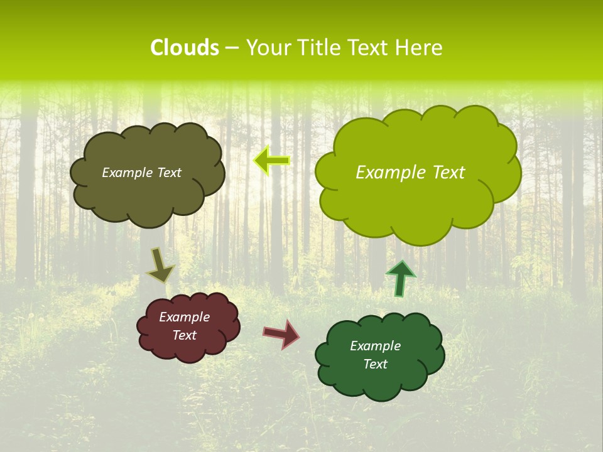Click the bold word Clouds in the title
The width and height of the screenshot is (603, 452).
185,48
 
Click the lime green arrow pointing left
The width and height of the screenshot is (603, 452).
272,161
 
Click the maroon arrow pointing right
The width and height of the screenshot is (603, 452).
281,333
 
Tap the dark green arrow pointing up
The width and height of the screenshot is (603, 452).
400,278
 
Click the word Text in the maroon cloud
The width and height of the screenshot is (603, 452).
184,335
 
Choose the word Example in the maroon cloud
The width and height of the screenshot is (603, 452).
184,317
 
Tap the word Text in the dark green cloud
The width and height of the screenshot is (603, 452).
375,364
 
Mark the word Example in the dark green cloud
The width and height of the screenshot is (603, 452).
375,346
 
